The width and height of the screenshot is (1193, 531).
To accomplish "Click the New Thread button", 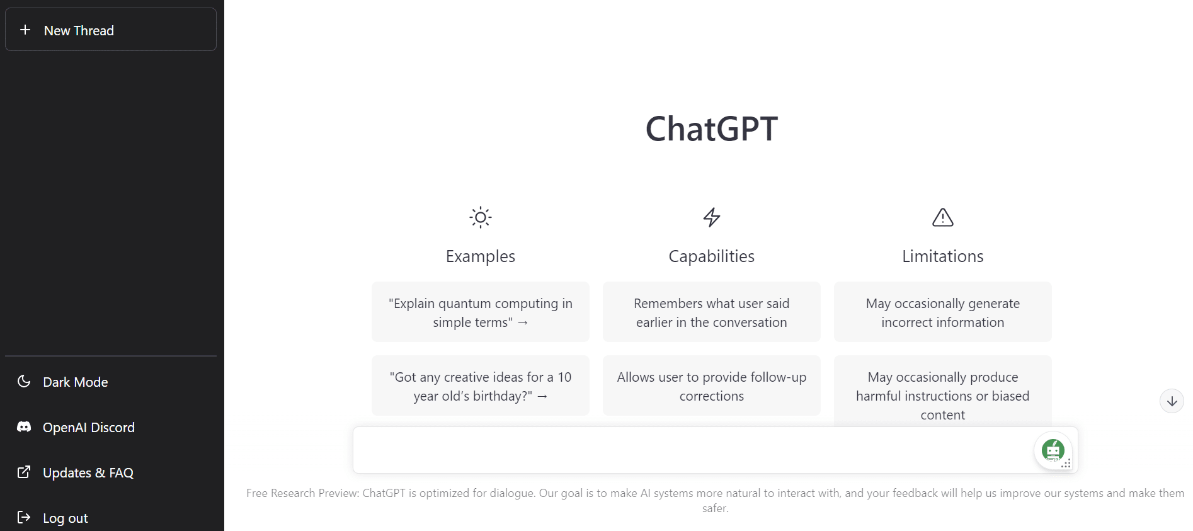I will click(111, 30).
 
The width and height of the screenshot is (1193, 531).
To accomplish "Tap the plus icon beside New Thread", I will click(25, 30).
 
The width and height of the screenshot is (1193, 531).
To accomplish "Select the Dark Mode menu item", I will click(75, 382).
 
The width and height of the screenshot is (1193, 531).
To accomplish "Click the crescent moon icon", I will click(24, 381).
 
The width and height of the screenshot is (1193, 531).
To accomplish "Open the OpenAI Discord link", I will click(88, 427).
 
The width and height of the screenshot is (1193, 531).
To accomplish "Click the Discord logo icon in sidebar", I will click(24, 426).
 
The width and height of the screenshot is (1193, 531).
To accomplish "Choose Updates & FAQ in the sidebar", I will click(88, 472).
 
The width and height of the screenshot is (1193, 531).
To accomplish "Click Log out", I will click(65, 518).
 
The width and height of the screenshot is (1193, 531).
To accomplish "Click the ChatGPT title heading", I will click(711, 128).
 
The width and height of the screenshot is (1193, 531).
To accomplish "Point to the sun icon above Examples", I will click(480, 217).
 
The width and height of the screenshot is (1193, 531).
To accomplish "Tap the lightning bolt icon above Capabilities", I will click(711, 217).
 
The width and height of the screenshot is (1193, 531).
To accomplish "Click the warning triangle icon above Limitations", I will click(942, 217).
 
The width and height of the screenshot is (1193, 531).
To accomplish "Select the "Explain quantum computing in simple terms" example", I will click(480, 312).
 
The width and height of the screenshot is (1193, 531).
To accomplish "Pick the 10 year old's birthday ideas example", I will click(480, 386).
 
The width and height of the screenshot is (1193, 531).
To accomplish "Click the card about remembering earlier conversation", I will click(711, 312).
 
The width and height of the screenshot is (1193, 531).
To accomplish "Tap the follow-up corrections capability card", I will click(711, 386).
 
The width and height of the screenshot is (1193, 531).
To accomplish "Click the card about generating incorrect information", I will click(942, 312).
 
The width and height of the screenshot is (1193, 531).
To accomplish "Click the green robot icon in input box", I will click(1053, 450).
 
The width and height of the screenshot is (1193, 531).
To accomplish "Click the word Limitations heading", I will click(942, 256).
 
